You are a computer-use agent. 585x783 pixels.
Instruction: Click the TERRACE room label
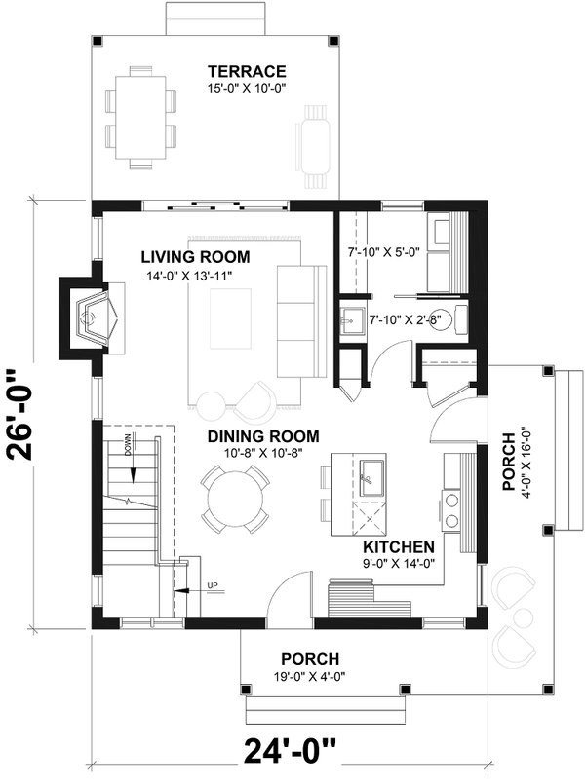click(246, 71)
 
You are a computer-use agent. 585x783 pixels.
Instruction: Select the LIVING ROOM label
click(195, 257)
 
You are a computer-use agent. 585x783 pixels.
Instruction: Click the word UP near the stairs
click(210, 585)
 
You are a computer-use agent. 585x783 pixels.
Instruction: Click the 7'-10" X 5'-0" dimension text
click(382, 252)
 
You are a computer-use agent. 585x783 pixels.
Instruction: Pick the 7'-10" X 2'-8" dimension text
click(404, 318)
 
